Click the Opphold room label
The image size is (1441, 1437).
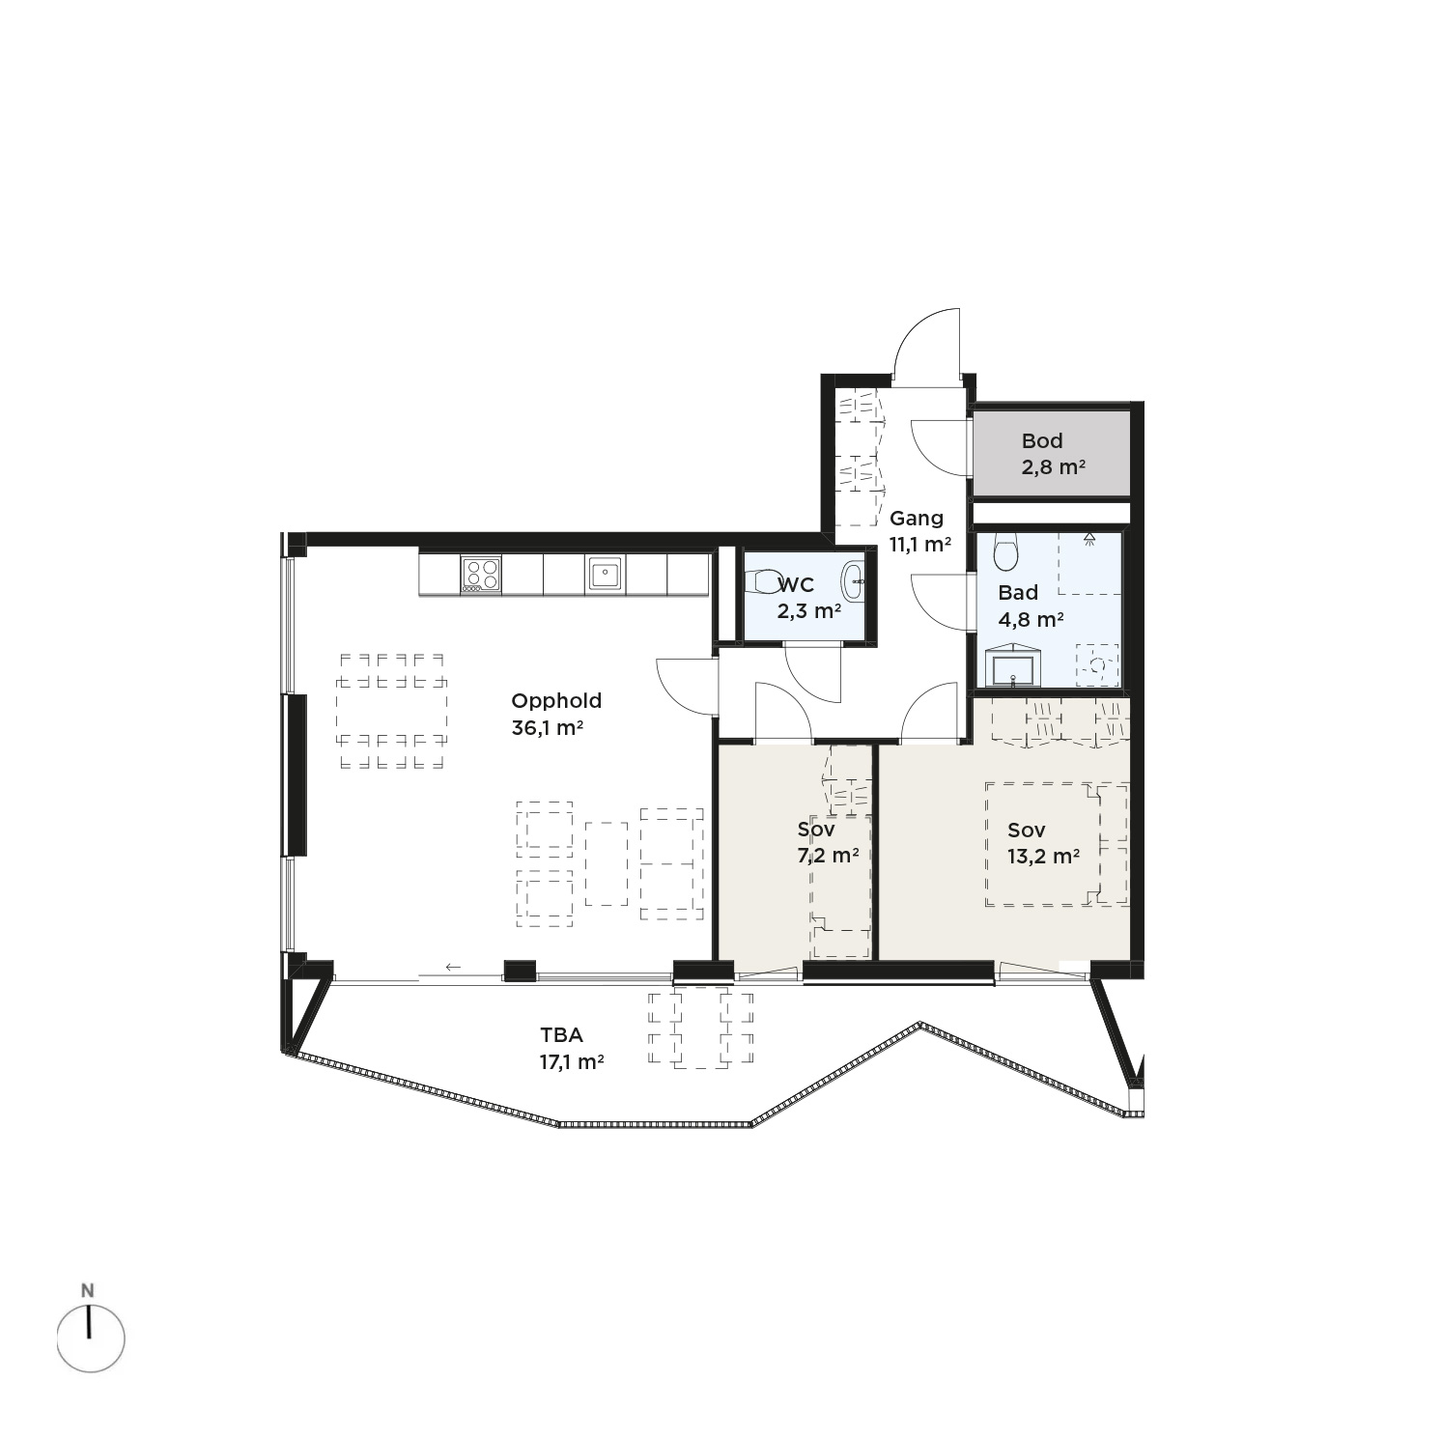pyautogui.click(x=556, y=702)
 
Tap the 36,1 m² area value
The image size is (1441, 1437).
pyautogui.click(x=547, y=728)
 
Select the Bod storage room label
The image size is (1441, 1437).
pyautogui.click(x=1042, y=441)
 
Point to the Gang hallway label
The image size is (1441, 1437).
pyautogui.click(x=917, y=519)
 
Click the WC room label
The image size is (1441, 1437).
pyautogui.click(x=796, y=585)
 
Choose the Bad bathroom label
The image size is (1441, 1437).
pyautogui.click(x=1018, y=593)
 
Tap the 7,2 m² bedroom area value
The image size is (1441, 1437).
pyautogui.click(x=828, y=856)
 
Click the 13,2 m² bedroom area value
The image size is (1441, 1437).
pyautogui.click(x=1043, y=856)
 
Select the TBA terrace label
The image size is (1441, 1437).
pyautogui.click(x=561, y=1035)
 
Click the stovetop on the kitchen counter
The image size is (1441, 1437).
pyautogui.click(x=481, y=575)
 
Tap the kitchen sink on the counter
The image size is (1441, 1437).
pyautogui.click(x=606, y=575)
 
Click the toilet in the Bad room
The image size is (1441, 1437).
pyautogui.click(x=1006, y=552)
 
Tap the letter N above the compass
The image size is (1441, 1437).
pyautogui.click(x=88, y=1290)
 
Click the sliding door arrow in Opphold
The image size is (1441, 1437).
pyautogui.click(x=453, y=967)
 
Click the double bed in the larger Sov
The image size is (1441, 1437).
pyautogui.click(x=1057, y=844)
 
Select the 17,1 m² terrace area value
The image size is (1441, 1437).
pyautogui.click(x=572, y=1062)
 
